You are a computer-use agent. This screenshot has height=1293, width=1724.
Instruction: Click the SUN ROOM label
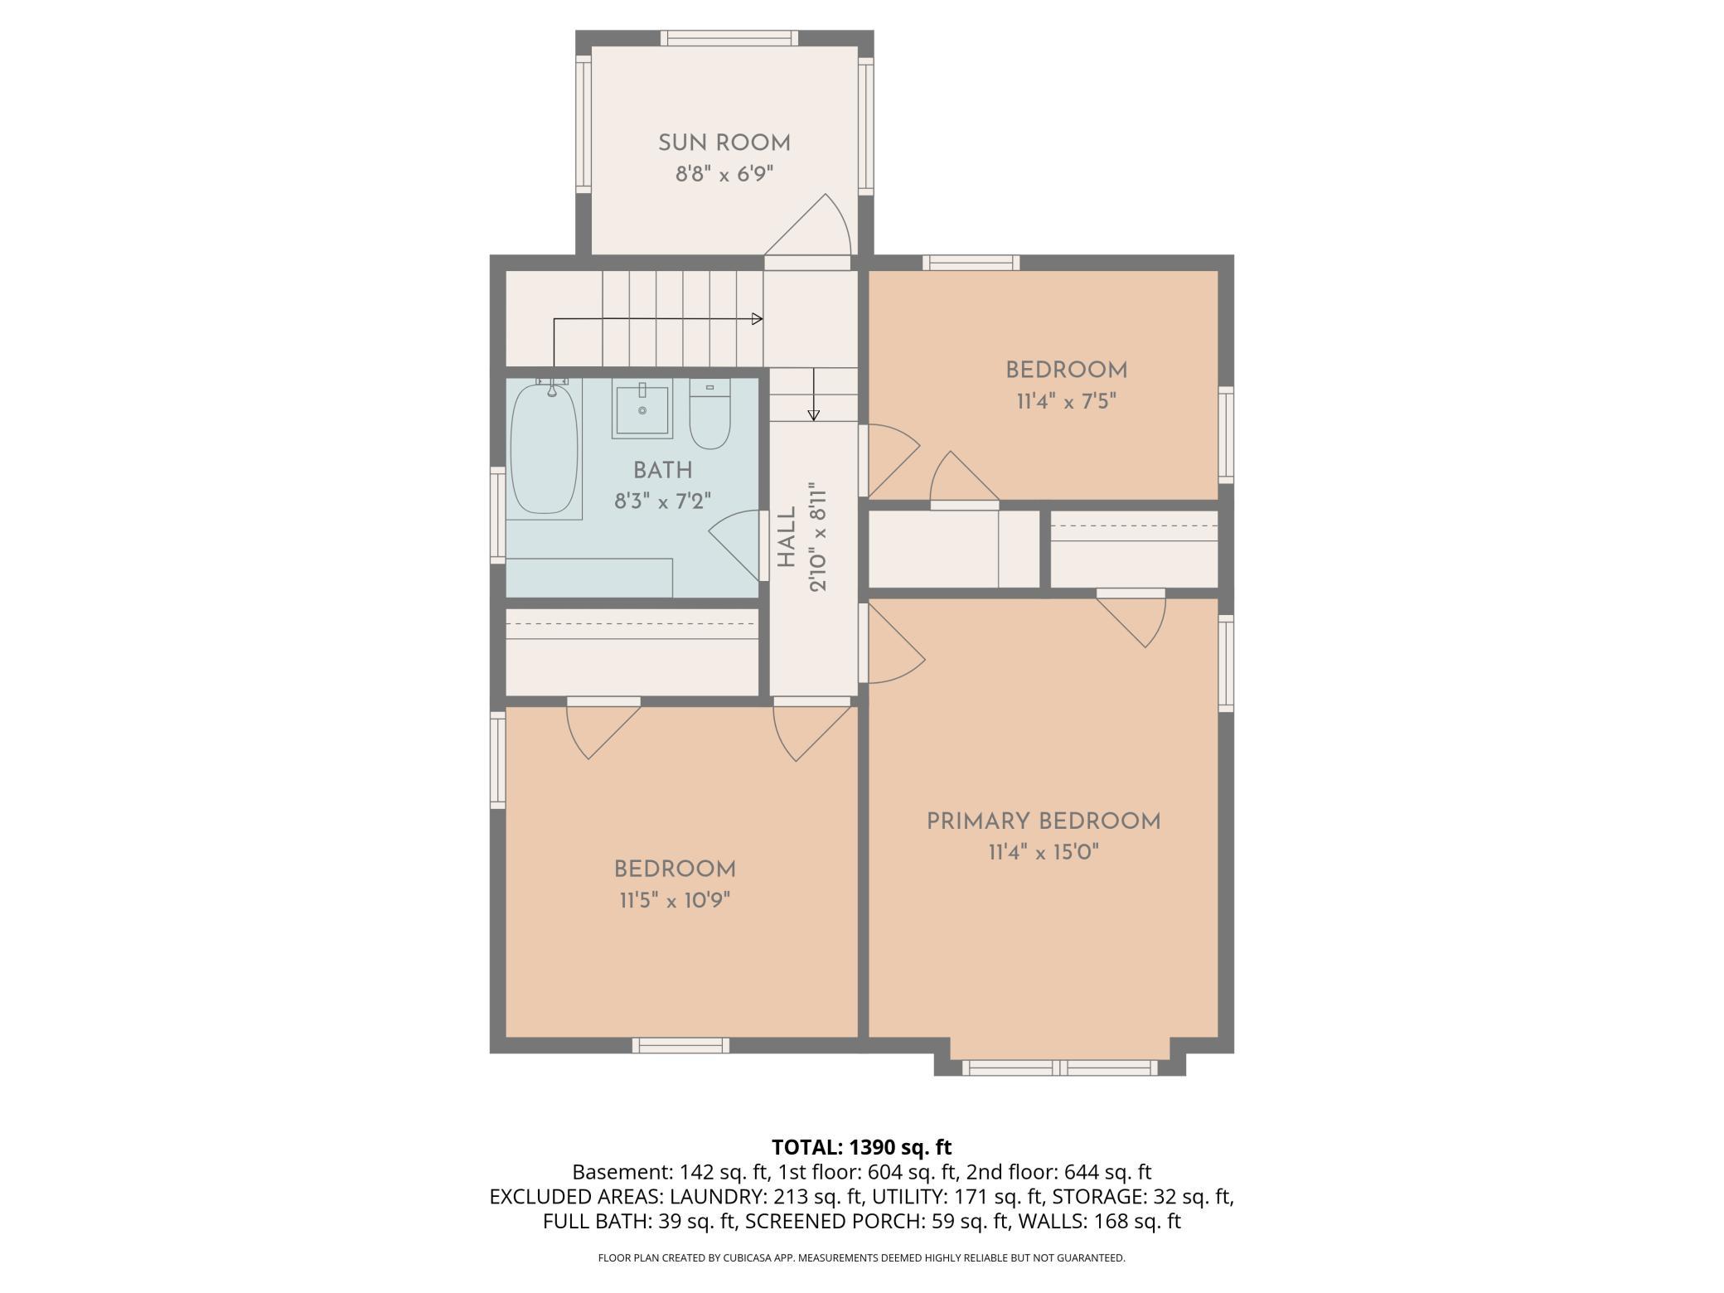[x=724, y=143]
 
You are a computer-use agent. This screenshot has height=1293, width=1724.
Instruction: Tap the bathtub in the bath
[x=545, y=448]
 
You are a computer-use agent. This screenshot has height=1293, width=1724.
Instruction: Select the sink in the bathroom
[x=642, y=409]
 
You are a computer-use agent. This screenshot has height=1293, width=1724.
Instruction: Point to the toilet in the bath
[x=709, y=413]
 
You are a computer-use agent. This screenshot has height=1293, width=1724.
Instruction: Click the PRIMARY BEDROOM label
[x=1044, y=821]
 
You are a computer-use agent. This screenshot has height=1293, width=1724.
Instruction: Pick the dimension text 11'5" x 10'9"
[x=675, y=900]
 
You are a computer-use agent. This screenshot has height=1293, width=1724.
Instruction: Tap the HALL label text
[x=787, y=537]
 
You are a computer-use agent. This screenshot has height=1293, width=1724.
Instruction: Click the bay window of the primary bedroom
[x=1060, y=1068]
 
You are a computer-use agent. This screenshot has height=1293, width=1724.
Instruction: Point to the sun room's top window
[x=729, y=38]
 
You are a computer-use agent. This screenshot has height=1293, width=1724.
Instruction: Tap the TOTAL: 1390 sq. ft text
[x=862, y=1147]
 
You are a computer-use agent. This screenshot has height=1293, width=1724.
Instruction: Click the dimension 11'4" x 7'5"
[x=1067, y=402]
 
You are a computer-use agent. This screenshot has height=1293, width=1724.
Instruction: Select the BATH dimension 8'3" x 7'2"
[x=663, y=501]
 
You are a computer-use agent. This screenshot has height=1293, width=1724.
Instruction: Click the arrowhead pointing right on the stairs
[x=757, y=319]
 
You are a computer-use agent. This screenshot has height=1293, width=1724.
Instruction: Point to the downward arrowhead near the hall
[x=814, y=415]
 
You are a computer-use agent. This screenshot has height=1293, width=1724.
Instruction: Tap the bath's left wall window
[x=497, y=516]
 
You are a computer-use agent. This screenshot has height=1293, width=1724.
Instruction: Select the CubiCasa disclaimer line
[x=862, y=1258]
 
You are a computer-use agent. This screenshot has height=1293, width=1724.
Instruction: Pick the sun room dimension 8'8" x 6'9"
[x=724, y=175]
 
